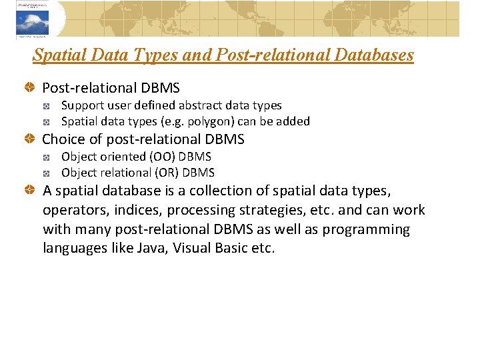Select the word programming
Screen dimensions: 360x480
[x=368, y=230]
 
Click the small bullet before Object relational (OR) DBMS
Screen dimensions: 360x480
[x=47, y=173]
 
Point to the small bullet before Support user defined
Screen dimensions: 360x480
[x=47, y=106]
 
